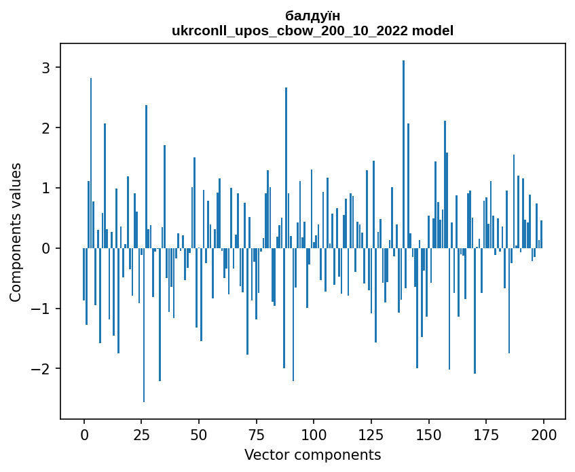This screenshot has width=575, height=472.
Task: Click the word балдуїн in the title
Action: point(313,16)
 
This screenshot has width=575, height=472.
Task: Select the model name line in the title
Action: point(313,31)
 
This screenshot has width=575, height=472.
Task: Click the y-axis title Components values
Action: point(16,231)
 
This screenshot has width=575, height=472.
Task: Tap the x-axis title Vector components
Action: point(312,454)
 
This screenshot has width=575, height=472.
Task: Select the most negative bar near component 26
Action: point(144,326)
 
